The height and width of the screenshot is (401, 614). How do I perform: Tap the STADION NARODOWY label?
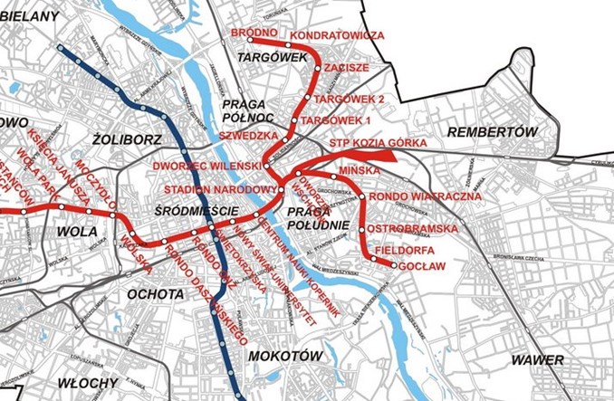pos(220,189)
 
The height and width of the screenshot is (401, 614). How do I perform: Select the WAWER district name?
pos(536,360)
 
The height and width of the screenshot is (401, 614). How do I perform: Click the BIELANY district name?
pos(25,16)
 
